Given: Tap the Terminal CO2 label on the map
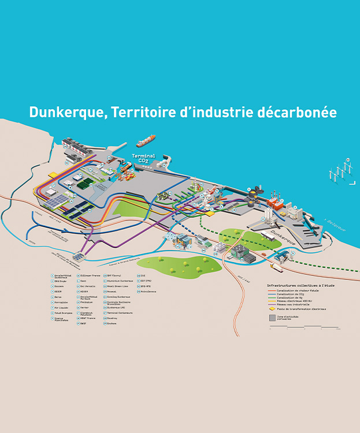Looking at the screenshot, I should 144,158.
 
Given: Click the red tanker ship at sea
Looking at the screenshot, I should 146,140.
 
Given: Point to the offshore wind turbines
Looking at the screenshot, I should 341,171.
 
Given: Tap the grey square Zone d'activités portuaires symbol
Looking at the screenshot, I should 272,317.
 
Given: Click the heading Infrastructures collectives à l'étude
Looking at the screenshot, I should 300,285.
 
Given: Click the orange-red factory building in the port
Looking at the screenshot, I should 276,204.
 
